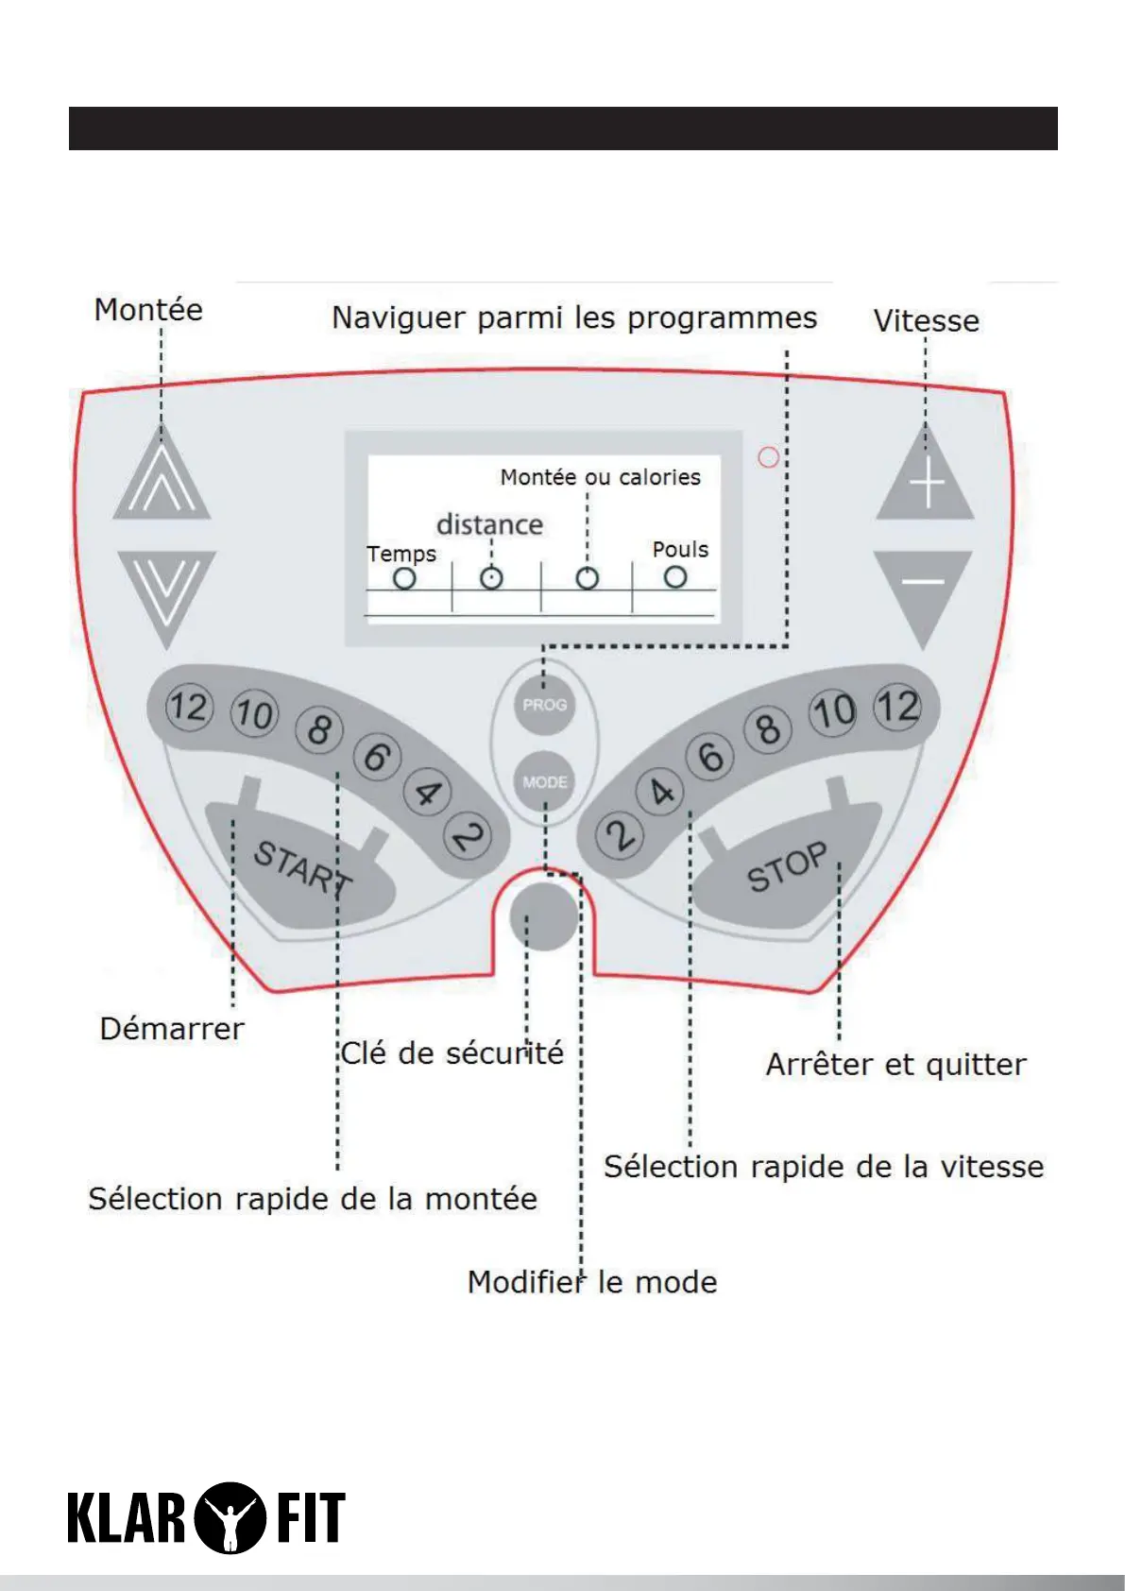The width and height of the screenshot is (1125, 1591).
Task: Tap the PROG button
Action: click(x=545, y=705)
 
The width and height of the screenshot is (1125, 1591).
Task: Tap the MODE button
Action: click(x=545, y=781)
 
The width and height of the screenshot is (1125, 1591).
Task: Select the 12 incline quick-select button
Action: click(x=188, y=708)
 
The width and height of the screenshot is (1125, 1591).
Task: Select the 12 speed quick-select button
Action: click(x=896, y=707)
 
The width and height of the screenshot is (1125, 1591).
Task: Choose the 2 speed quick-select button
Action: click(x=619, y=836)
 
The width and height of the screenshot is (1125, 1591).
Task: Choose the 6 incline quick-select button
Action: click(x=376, y=756)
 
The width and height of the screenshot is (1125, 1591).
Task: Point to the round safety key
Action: click(x=543, y=916)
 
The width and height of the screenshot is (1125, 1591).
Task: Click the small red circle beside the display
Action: click(x=769, y=457)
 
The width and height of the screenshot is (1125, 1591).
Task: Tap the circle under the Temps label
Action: click(x=404, y=578)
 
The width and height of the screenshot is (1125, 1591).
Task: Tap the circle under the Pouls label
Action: click(x=674, y=576)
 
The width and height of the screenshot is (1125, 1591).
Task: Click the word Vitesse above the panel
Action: click(x=926, y=321)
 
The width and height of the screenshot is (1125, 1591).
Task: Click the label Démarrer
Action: click(x=172, y=1029)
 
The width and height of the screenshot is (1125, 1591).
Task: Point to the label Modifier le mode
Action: click(x=592, y=1282)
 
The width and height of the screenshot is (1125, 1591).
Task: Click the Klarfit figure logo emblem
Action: click(x=229, y=1517)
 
